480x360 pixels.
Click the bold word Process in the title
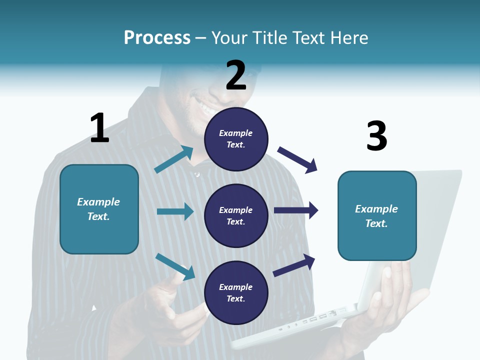(x=157, y=37)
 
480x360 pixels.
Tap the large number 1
(x=99, y=128)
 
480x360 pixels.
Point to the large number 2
(x=236, y=75)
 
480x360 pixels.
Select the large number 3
(x=376, y=136)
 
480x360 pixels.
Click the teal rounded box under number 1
(x=99, y=209)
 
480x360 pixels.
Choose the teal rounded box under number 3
(x=377, y=216)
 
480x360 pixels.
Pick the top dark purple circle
(x=236, y=139)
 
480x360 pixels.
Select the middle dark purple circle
(x=236, y=216)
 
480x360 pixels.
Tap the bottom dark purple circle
(x=236, y=293)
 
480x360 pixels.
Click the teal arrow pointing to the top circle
(x=174, y=159)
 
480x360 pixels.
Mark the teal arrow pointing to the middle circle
(x=175, y=211)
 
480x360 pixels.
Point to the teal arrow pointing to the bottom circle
(x=175, y=266)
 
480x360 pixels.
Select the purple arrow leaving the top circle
(x=297, y=159)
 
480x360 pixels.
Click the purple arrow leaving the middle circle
(x=296, y=210)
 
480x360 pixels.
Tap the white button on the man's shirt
(x=197, y=174)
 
